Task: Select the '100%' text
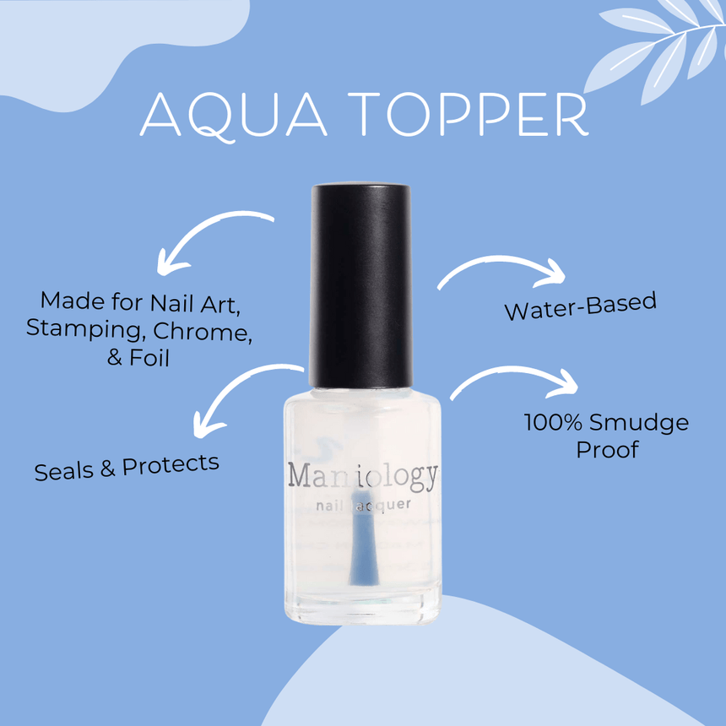coord(554,421)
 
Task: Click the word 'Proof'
coord(606,449)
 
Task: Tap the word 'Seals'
coord(64,469)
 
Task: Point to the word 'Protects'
coord(171,463)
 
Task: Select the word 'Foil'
coord(149,357)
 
